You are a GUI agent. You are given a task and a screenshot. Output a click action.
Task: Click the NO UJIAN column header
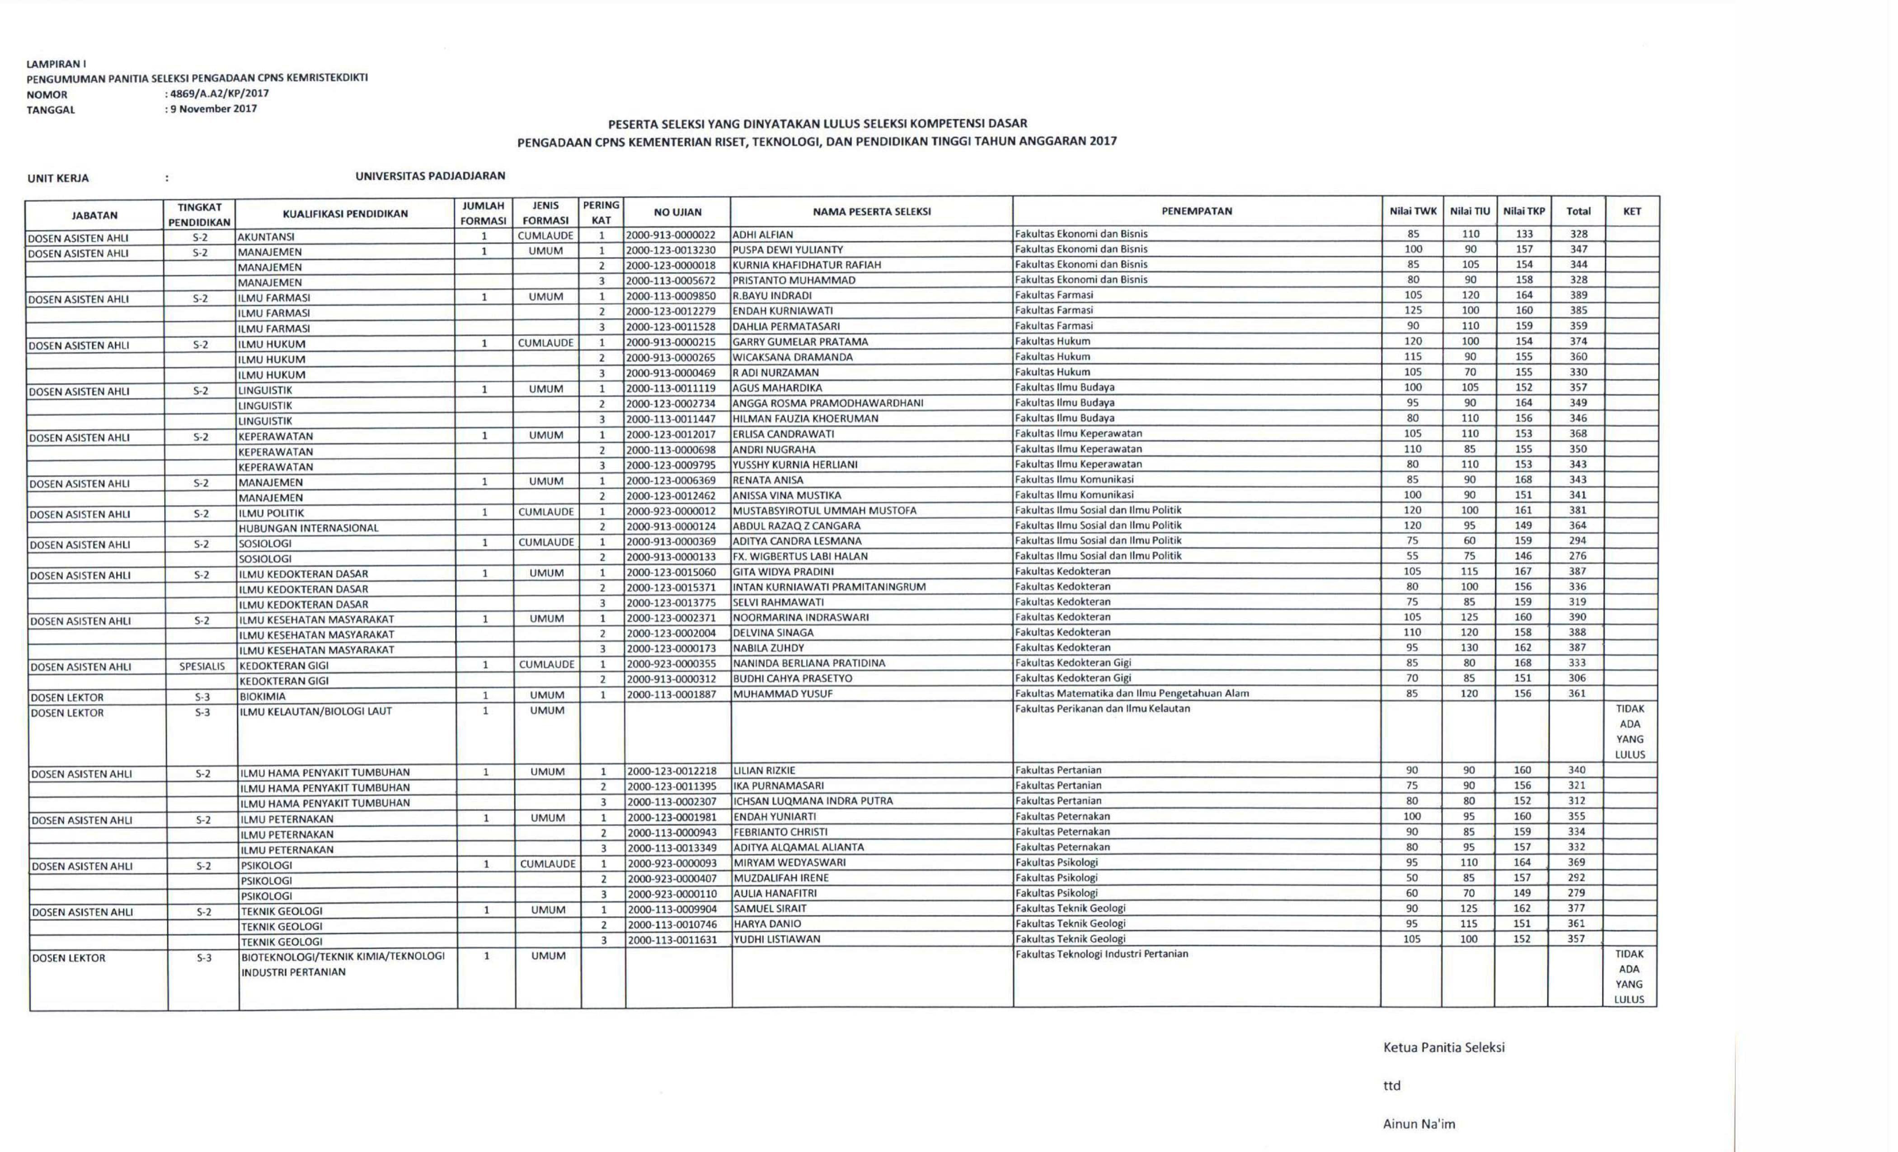click(677, 212)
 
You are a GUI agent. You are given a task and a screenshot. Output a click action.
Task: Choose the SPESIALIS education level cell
click(202, 666)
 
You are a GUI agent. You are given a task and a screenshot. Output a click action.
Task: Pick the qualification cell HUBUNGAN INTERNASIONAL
click(308, 528)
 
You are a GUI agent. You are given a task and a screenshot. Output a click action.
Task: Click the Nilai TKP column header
click(1524, 211)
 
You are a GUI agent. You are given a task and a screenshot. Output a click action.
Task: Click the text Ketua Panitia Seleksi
click(1443, 1047)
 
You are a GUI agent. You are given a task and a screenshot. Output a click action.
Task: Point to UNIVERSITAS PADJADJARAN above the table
click(430, 176)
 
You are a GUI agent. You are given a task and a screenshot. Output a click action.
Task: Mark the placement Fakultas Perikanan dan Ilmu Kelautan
click(1102, 708)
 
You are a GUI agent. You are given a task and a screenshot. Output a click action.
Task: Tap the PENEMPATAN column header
click(1196, 211)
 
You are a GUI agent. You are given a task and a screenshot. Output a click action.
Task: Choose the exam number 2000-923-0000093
click(672, 863)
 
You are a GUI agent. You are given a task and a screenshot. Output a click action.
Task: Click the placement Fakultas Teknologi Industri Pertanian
click(1102, 954)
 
